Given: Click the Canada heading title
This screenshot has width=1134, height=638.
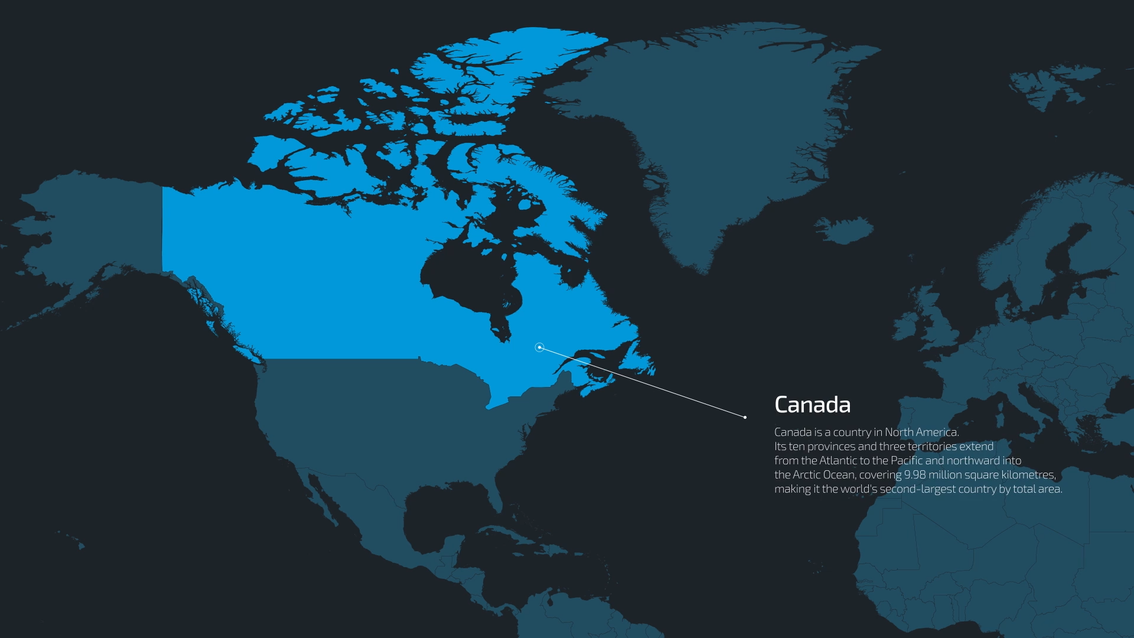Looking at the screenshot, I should [812, 405].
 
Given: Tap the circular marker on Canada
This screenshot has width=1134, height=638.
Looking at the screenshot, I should [539, 347].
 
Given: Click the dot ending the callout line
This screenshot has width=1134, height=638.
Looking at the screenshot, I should [745, 417].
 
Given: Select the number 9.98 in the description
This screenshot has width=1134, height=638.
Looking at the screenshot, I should [914, 475].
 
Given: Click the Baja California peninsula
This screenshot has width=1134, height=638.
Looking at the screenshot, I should [322, 499].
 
